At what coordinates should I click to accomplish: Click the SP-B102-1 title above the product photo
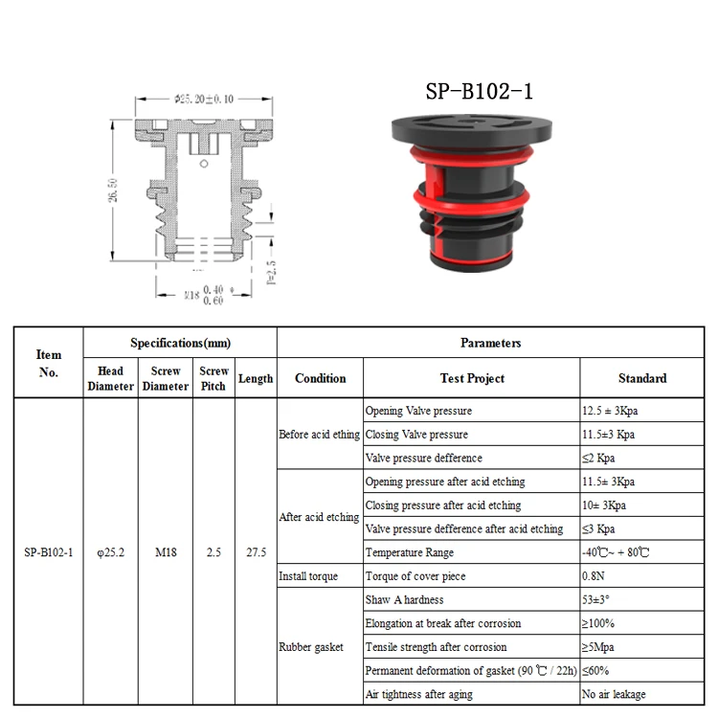[x=479, y=92]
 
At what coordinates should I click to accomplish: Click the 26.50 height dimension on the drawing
[x=113, y=190]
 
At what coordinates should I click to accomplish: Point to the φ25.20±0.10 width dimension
[x=205, y=99]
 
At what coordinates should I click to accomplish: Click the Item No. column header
[x=48, y=363]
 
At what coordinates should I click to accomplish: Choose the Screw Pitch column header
[x=213, y=378]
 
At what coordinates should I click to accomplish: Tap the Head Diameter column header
[x=111, y=378]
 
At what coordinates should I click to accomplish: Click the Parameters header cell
[x=490, y=343]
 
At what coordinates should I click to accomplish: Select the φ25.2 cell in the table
[x=111, y=552]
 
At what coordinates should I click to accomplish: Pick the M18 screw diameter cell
[x=166, y=552]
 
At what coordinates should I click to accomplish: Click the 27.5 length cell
[x=256, y=552]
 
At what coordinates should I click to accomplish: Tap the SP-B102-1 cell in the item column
[x=48, y=552]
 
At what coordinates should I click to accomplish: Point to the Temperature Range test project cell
[x=410, y=552]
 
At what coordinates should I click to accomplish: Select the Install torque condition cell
[x=308, y=576]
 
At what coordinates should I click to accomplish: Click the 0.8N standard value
[x=595, y=576]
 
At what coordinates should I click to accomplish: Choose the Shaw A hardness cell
[x=405, y=599]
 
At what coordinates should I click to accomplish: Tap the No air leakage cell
[x=614, y=694]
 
